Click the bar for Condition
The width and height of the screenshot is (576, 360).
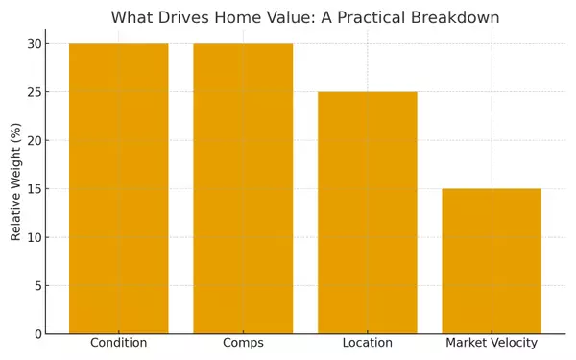(118, 188)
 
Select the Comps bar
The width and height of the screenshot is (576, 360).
(243, 188)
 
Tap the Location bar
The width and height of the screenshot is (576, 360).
(367, 212)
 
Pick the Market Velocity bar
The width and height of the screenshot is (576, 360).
(492, 261)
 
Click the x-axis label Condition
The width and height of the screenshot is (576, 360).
(118, 343)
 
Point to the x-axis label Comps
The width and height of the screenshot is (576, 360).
(243, 343)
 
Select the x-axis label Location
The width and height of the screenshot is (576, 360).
(367, 343)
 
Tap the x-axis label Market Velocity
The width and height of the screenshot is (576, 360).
(492, 343)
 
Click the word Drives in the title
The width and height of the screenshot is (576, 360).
(186, 18)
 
